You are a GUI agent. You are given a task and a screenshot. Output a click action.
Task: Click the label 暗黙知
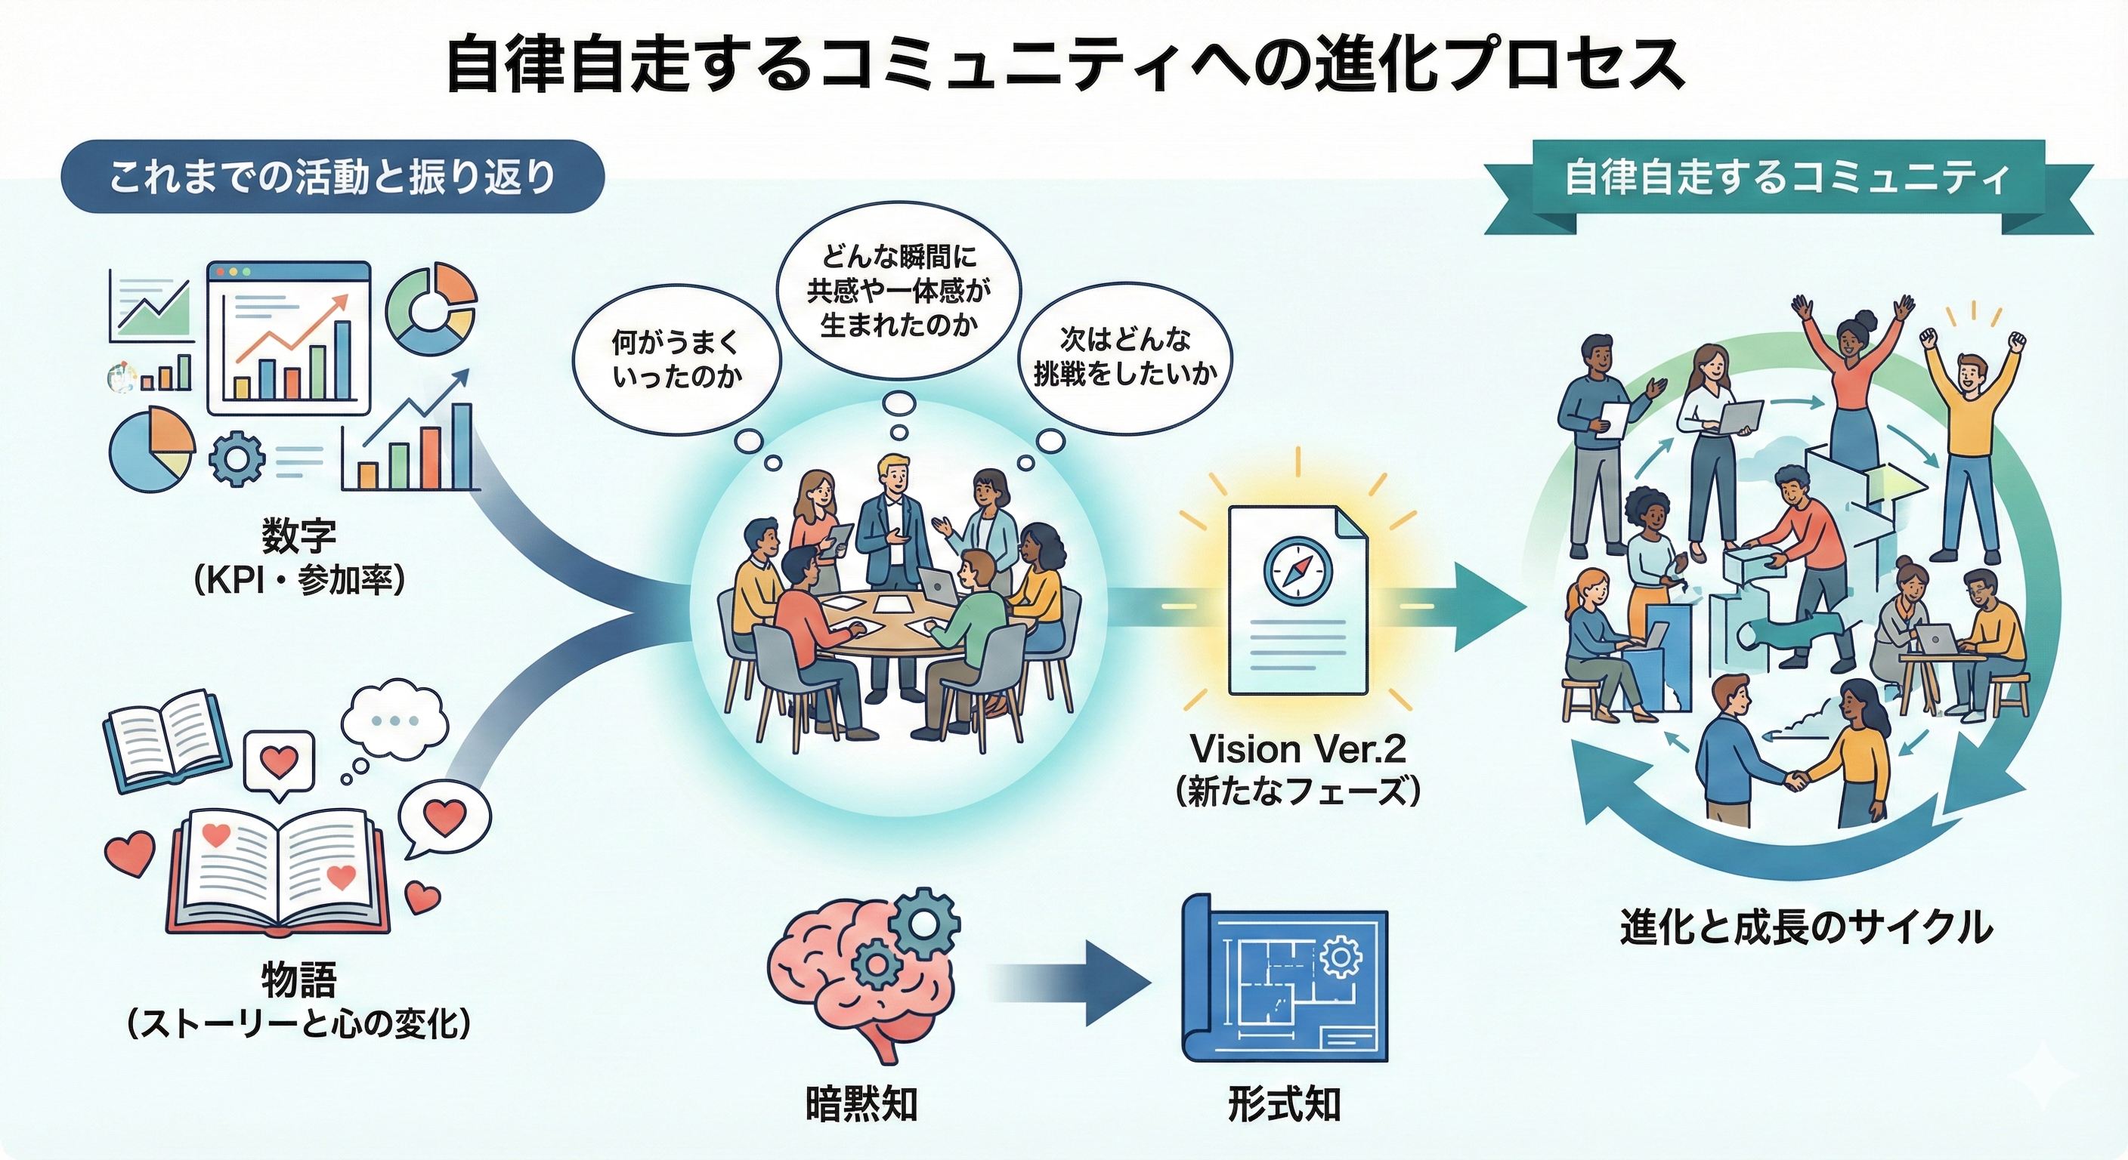861,1105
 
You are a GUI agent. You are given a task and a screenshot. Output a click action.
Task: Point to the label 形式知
1284,1105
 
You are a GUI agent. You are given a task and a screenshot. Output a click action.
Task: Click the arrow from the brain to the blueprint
1074,983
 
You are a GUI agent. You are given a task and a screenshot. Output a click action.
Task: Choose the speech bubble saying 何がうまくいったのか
676,359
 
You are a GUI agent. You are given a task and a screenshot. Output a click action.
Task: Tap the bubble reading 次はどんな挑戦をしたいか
1125,356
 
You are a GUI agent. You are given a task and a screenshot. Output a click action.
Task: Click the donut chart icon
431,307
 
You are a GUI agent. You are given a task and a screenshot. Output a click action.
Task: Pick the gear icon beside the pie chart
237,458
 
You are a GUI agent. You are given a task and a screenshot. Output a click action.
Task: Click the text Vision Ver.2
1297,750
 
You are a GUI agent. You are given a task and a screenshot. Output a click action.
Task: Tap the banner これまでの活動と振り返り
333,177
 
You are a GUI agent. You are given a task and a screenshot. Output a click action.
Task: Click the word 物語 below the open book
299,980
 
